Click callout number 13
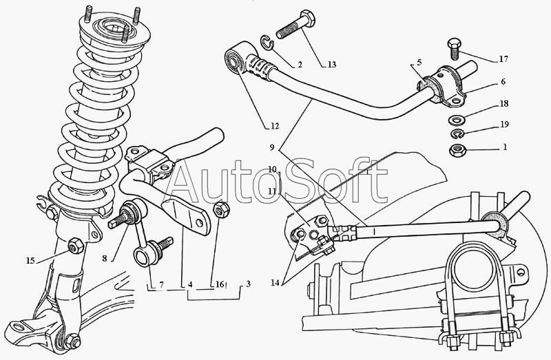[x=332, y=64]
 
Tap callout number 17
[x=503, y=59]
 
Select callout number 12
[x=274, y=126]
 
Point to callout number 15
[x=30, y=260]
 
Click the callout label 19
[x=504, y=124]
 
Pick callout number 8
[x=105, y=259]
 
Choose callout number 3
[x=248, y=284]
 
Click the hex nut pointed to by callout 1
[x=457, y=151]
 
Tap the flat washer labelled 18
[x=457, y=120]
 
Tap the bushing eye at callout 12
[x=234, y=61]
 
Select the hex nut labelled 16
[x=221, y=209]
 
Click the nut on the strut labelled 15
[x=75, y=246]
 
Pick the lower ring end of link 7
[x=143, y=256]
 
